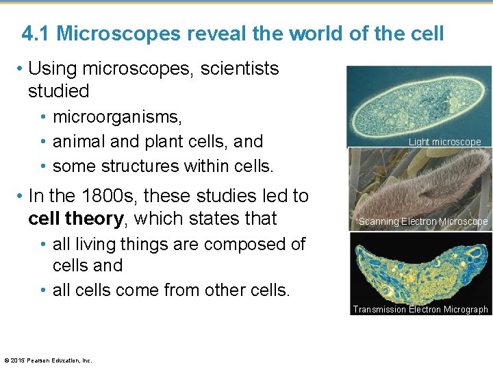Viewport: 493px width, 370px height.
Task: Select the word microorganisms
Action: tap(117, 118)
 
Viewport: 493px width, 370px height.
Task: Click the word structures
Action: tap(142, 166)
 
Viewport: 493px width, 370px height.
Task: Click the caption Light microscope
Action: tap(444, 142)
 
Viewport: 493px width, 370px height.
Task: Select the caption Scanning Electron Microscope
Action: tap(423, 221)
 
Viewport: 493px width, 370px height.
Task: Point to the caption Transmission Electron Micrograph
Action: tap(420, 309)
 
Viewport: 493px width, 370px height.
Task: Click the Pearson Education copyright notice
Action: tap(48, 360)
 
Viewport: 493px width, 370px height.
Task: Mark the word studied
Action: tap(59, 91)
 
